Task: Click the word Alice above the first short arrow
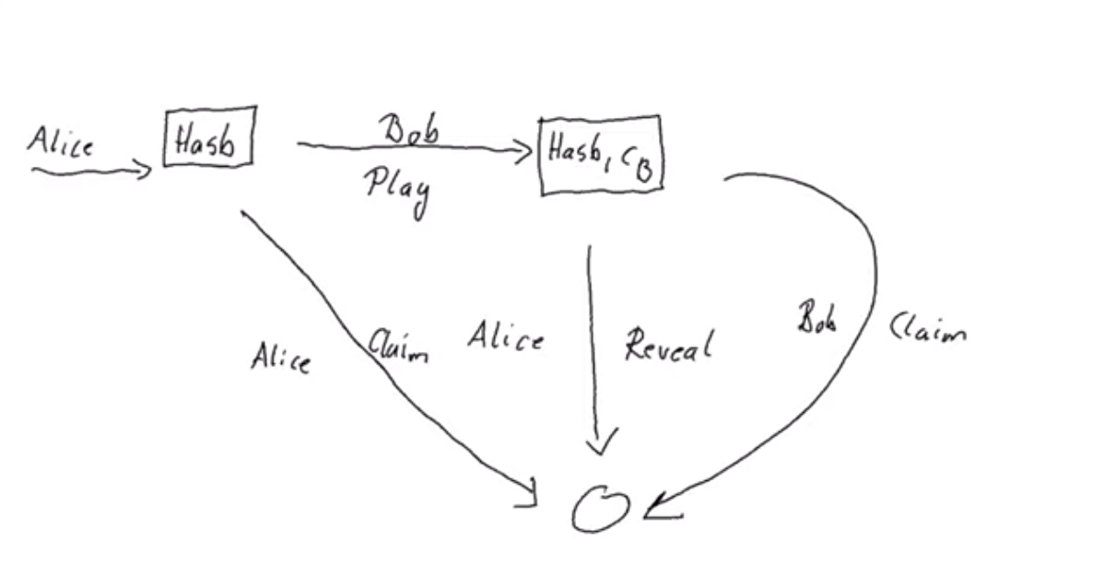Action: click(60, 143)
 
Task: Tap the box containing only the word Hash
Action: click(208, 137)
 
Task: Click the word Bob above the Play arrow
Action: click(409, 130)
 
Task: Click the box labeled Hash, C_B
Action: click(601, 154)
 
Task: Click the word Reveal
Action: click(668, 347)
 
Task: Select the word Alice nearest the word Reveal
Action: click(504, 337)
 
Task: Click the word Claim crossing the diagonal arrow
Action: click(398, 348)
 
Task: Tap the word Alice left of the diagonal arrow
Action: click(280, 358)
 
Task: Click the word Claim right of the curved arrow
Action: click(927, 328)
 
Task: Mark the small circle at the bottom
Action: click(600, 509)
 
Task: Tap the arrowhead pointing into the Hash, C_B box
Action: click(525, 149)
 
